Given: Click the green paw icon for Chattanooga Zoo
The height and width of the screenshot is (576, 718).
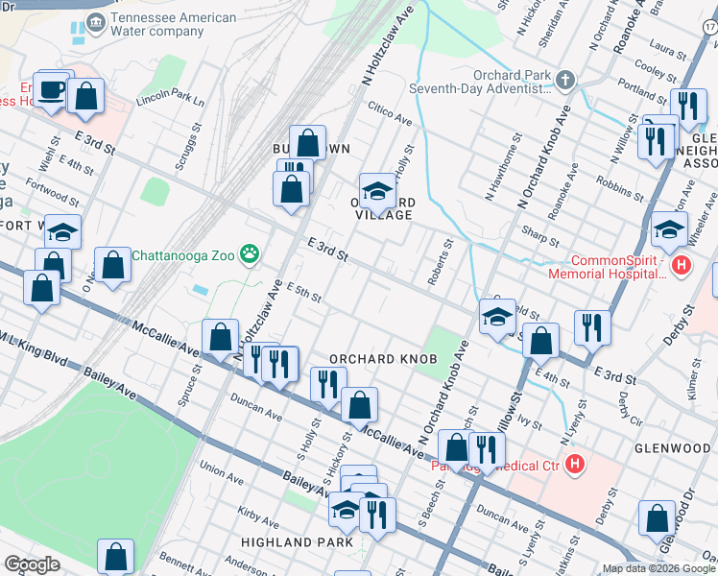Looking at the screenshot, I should [x=251, y=254].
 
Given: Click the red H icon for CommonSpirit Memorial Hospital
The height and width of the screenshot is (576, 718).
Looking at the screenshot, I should [x=682, y=266].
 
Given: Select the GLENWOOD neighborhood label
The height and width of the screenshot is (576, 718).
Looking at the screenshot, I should [x=673, y=448].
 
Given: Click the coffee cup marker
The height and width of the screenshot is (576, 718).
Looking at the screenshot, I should [x=52, y=90].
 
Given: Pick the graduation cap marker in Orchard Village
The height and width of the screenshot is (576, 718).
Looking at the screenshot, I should [x=377, y=191].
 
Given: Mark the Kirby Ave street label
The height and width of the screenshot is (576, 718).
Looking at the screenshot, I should [x=258, y=523].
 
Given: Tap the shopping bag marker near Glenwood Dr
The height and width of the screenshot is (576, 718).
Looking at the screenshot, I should [x=658, y=519].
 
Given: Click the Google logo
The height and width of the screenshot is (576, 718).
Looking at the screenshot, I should [x=34, y=564].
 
